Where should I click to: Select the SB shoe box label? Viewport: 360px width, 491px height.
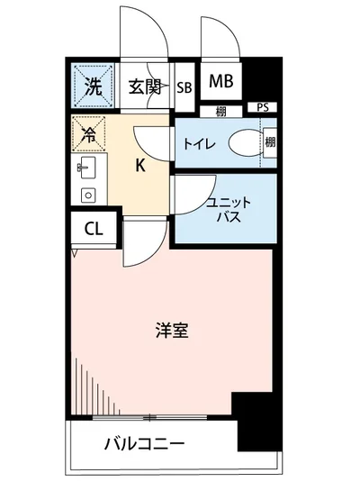coord(184,87)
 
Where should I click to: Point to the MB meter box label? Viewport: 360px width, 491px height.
coord(221,82)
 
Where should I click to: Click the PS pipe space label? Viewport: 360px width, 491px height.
coord(263,107)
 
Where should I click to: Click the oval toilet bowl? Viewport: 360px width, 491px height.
coord(242,143)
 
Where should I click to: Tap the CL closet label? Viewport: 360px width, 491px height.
coord(94,228)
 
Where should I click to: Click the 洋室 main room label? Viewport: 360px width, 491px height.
coord(170,330)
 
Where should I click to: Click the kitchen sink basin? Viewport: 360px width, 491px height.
coord(88,167)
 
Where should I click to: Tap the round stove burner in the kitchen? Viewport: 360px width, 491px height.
coord(88,195)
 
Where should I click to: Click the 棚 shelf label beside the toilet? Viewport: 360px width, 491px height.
coord(270,142)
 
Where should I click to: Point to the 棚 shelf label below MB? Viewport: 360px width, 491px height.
coord(221,112)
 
